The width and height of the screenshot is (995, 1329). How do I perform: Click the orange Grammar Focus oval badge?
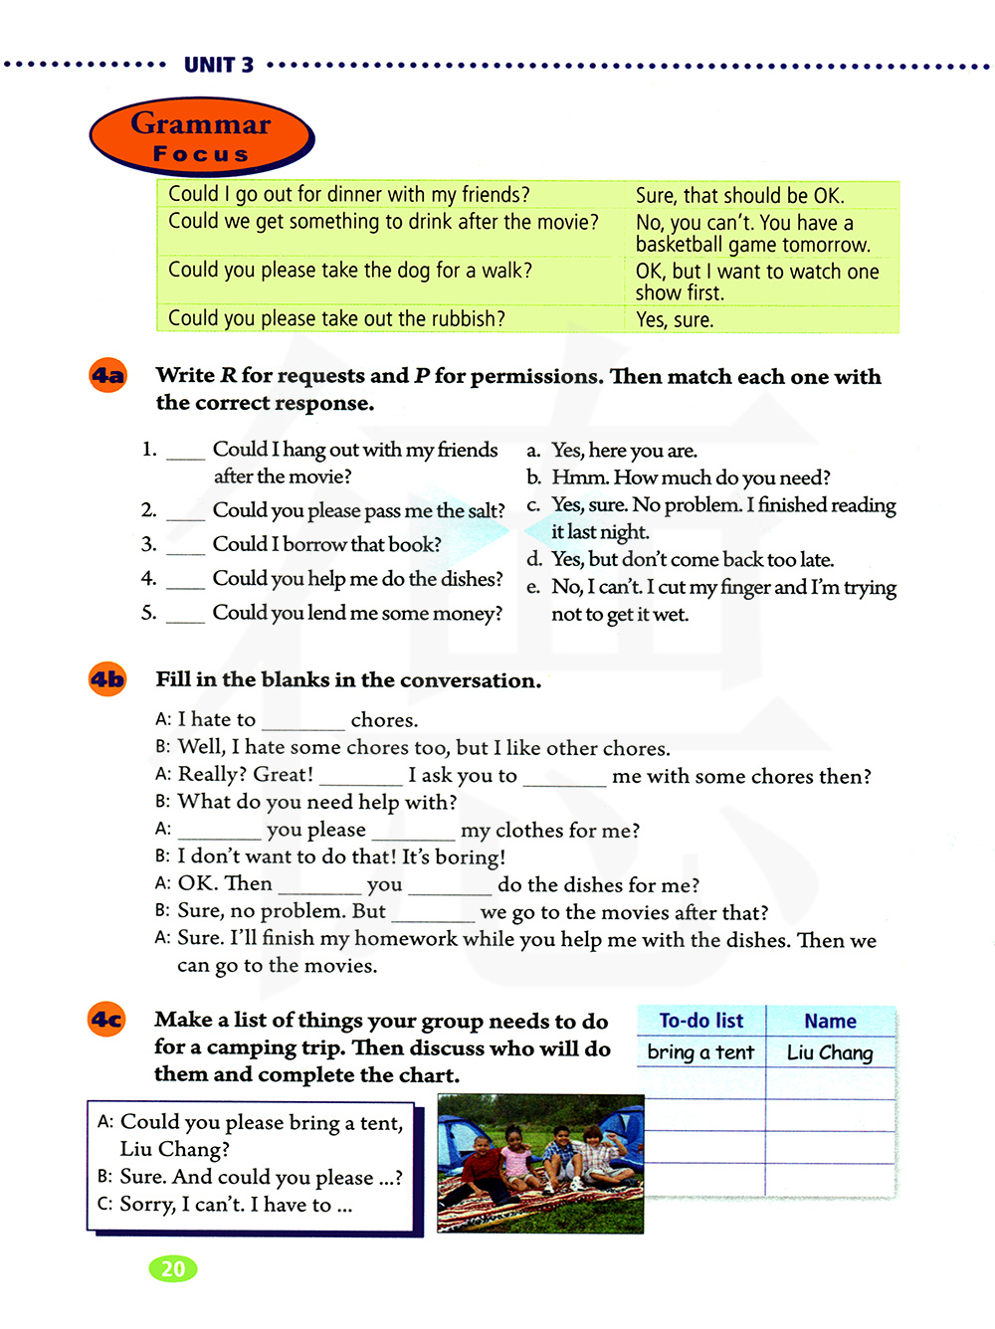pos(201,136)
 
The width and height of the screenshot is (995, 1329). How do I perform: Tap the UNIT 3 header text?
pos(219,66)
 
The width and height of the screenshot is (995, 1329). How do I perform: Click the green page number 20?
pos(173,1268)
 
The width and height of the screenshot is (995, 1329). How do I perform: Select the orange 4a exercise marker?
pos(108,376)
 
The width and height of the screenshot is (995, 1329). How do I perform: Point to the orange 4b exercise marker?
pos(107,680)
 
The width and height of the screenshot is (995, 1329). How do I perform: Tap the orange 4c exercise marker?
pos(107,1021)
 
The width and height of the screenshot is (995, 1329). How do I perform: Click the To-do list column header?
pos(700,1022)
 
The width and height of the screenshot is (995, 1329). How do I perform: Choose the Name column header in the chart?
pos(830,1022)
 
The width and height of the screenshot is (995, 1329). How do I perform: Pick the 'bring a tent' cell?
pos(700,1052)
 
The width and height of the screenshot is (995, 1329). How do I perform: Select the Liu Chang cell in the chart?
pos(830,1052)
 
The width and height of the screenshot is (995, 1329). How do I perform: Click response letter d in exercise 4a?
pos(534,560)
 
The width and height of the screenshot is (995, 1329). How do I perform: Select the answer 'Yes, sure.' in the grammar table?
pos(675,320)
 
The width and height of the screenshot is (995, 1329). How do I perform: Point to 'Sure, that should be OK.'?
pos(739,195)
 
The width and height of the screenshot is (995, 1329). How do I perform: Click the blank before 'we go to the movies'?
pos(433,916)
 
